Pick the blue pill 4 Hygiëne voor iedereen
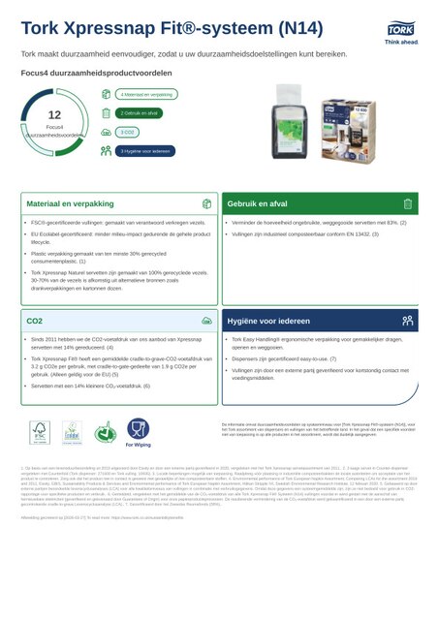tap(145, 150)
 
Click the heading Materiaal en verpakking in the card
tap(70, 204)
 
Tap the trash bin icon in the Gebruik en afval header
tap(408, 204)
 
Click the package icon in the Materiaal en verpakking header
tap(206, 204)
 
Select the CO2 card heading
tap(35, 319)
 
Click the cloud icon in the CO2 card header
tap(206, 319)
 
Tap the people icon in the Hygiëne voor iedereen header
tap(408, 319)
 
